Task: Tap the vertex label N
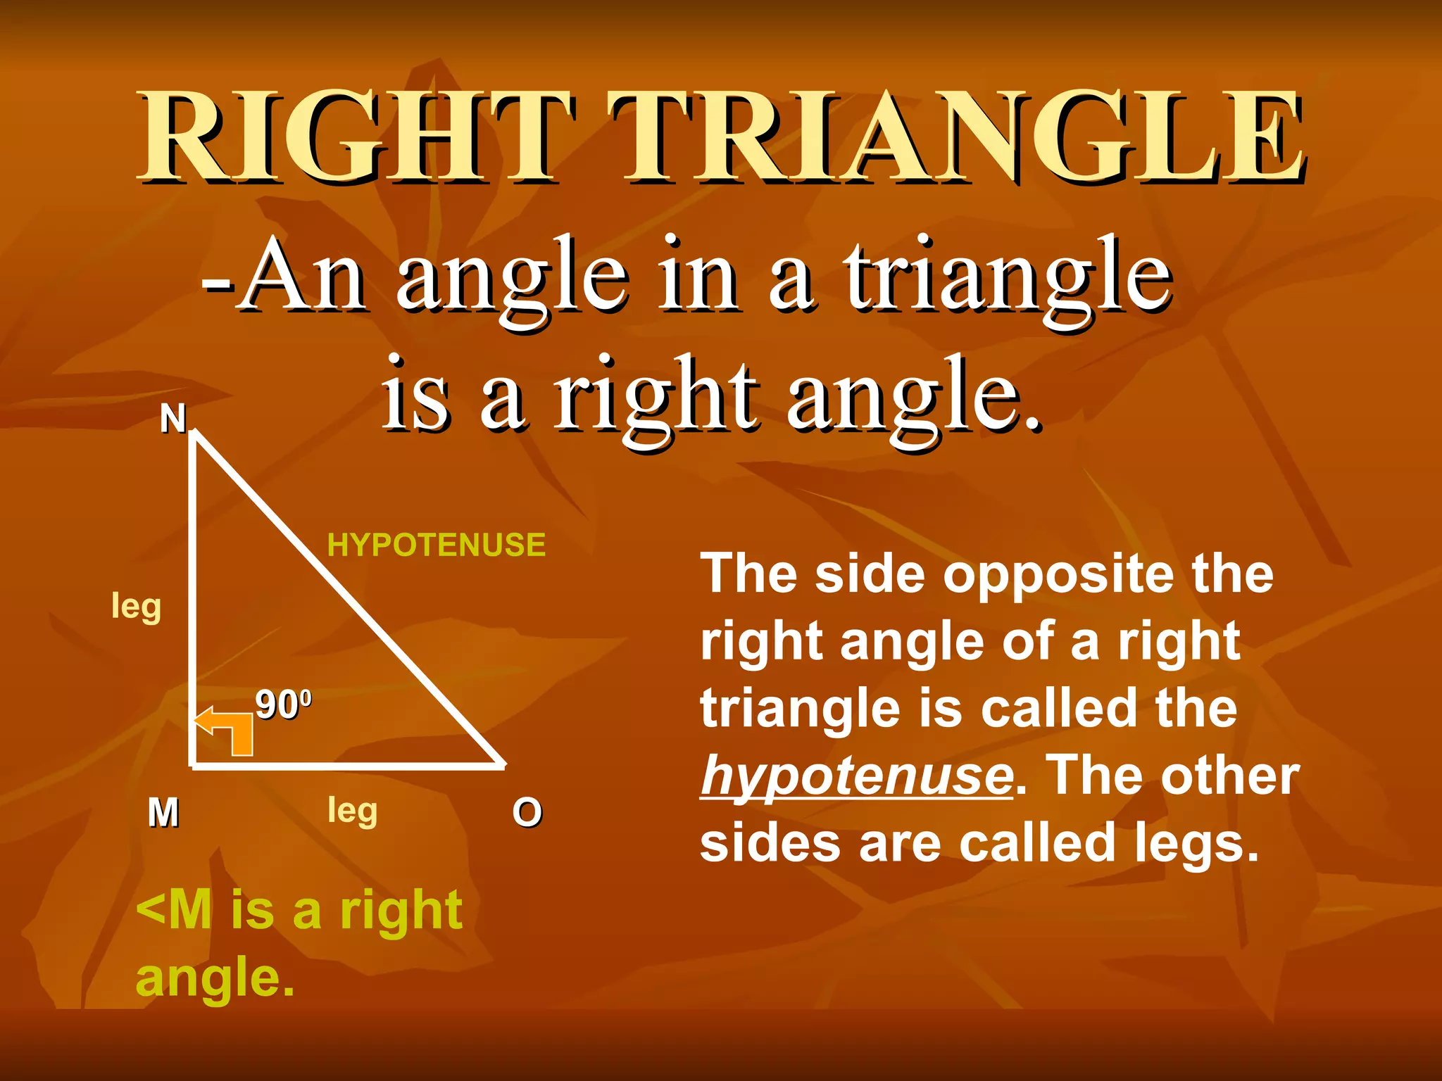(173, 419)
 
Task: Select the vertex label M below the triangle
(163, 813)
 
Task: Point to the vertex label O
(527, 813)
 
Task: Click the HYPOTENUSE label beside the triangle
(437, 545)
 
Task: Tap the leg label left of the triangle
(137, 607)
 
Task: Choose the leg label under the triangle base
(353, 811)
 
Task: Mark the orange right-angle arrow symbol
(227, 731)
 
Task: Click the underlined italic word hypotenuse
(857, 776)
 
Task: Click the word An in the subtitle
(304, 276)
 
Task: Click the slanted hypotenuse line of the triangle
(349, 599)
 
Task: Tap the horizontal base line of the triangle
(349, 765)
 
